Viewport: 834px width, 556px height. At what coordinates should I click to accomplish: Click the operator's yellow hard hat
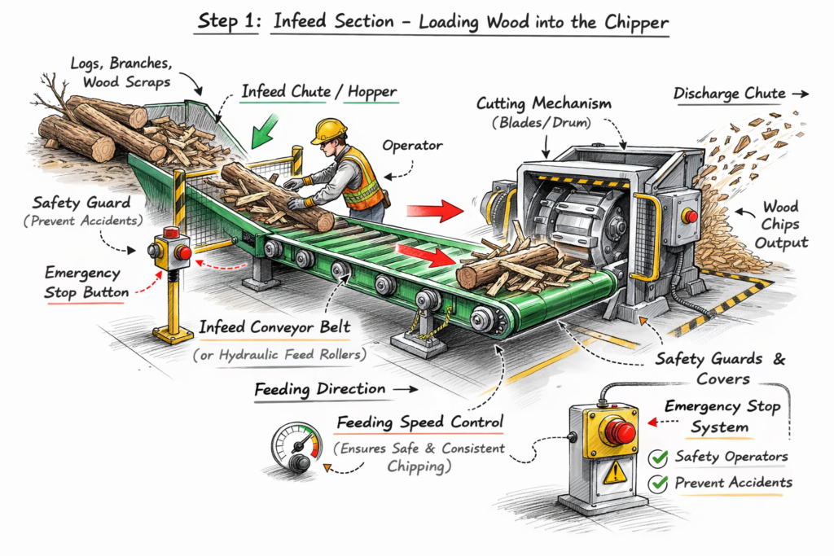click(329, 129)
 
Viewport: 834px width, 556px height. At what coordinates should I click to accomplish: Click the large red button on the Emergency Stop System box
click(619, 431)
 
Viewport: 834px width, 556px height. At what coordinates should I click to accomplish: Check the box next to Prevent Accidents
click(658, 484)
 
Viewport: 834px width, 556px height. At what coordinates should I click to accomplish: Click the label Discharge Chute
click(729, 94)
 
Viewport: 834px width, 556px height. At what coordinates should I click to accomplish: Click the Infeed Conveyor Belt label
click(275, 328)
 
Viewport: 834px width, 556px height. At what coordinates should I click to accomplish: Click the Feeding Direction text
click(319, 389)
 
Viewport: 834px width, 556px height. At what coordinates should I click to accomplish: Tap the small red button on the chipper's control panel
click(691, 216)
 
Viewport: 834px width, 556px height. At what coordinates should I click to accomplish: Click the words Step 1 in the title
click(227, 22)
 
